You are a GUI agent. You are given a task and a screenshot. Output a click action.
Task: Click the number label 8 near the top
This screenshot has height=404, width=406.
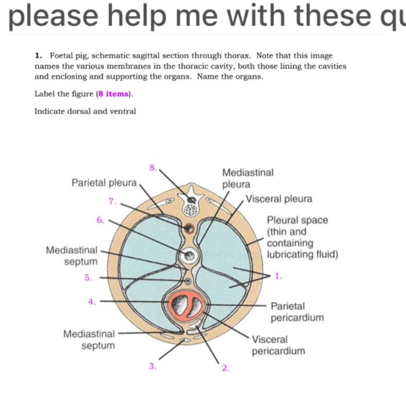pyautogui.click(x=153, y=167)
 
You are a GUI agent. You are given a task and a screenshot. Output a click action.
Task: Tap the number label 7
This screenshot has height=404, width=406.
pyautogui.click(x=113, y=201)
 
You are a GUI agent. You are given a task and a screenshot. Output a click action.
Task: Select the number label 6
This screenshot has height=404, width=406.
pyautogui.click(x=100, y=219)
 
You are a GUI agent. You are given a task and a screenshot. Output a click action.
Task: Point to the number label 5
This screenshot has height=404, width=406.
pyautogui.click(x=88, y=277)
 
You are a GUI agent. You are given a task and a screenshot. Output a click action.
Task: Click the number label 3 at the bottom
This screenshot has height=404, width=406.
pyautogui.click(x=152, y=366)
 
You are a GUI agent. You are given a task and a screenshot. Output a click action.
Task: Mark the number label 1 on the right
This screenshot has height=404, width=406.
pyautogui.click(x=278, y=276)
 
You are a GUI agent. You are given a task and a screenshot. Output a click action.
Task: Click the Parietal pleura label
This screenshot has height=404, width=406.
pyautogui.click(x=104, y=183)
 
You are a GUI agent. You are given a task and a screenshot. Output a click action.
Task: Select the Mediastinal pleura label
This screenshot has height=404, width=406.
pyautogui.click(x=248, y=178)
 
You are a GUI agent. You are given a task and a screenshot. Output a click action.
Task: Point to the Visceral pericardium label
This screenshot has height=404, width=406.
pyautogui.click(x=278, y=345)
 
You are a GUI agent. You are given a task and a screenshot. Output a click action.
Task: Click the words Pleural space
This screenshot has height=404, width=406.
pyautogui.click(x=297, y=220)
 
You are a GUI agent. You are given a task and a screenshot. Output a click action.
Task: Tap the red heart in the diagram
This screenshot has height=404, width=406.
pyautogui.click(x=186, y=304)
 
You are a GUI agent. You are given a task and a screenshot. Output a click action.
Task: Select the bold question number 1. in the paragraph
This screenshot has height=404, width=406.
pyautogui.click(x=38, y=56)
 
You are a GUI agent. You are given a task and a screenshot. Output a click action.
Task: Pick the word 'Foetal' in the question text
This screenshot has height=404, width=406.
pyautogui.click(x=61, y=56)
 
